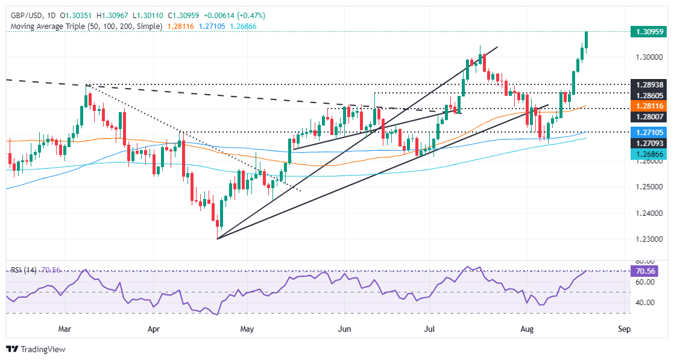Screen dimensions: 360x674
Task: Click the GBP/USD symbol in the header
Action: click(x=26, y=15)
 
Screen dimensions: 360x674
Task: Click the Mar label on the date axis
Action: click(x=65, y=329)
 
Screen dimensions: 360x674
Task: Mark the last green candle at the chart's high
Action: click(x=587, y=39)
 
